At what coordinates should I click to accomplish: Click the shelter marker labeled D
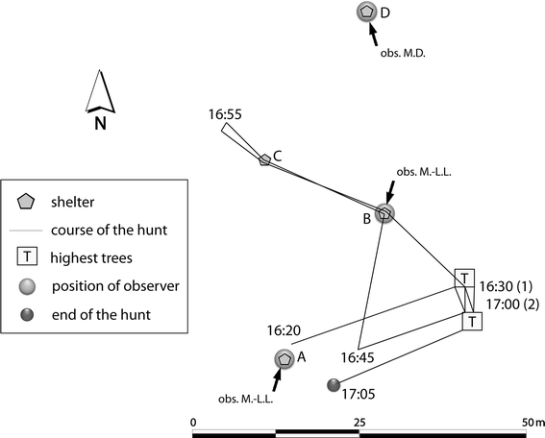[x=366, y=12]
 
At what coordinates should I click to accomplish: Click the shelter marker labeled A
[x=285, y=358]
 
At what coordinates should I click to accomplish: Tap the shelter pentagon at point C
[x=264, y=158]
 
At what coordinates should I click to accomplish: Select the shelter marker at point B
[x=384, y=213]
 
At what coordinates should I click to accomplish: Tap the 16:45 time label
[x=357, y=356]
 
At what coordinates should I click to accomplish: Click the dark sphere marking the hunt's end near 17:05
[x=334, y=385]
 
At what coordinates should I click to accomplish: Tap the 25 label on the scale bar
[x=359, y=422]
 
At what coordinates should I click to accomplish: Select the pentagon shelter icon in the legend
[x=28, y=202]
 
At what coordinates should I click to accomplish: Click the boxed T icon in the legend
[x=28, y=256]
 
